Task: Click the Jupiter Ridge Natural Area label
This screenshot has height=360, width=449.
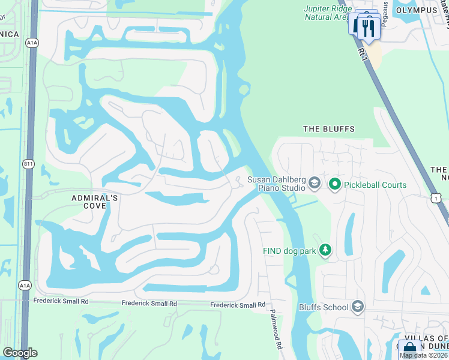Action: coord(327,13)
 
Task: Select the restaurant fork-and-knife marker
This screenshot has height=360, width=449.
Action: coord(368,26)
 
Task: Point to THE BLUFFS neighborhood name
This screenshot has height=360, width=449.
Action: coord(328,129)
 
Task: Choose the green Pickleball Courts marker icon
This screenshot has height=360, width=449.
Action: coord(335,185)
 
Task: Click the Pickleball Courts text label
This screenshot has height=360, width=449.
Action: coord(375,185)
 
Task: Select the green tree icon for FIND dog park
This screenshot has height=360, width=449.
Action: coord(325,250)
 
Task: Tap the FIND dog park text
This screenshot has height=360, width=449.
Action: coord(289,251)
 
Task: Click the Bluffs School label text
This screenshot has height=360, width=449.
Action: coord(324,308)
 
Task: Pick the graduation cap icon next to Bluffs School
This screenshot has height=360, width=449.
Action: coord(358,308)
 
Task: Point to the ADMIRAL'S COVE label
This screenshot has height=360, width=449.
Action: coord(89,202)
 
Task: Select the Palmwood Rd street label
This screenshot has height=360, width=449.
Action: coord(276,330)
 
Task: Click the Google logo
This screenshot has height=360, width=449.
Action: coord(20,353)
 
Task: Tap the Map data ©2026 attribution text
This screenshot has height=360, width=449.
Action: coord(424,355)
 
